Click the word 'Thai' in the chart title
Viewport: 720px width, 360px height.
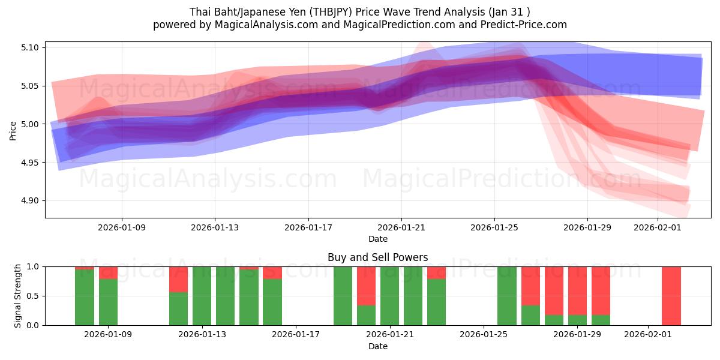click(200, 11)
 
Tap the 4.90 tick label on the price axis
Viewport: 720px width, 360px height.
click(29, 201)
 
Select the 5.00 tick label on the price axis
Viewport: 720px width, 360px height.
click(29, 124)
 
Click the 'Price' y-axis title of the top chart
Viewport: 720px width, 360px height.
click(13, 130)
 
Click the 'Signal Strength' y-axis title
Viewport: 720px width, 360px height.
click(18, 296)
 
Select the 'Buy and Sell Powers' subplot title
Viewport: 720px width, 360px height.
click(377, 257)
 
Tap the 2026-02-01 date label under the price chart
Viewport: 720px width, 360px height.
click(657, 227)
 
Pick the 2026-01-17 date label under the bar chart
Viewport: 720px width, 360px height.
click(296, 334)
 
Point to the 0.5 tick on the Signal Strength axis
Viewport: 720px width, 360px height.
click(34, 296)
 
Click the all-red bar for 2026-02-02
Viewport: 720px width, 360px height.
click(671, 296)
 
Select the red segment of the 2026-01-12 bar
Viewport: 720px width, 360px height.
click(178, 279)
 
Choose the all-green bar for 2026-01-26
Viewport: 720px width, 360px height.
click(507, 296)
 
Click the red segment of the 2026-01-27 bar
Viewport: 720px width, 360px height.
click(530, 286)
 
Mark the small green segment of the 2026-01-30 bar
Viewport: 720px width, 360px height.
click(601, 320)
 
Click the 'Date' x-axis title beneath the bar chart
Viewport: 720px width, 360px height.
click(377, 346)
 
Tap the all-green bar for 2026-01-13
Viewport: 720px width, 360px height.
click(202, 296)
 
